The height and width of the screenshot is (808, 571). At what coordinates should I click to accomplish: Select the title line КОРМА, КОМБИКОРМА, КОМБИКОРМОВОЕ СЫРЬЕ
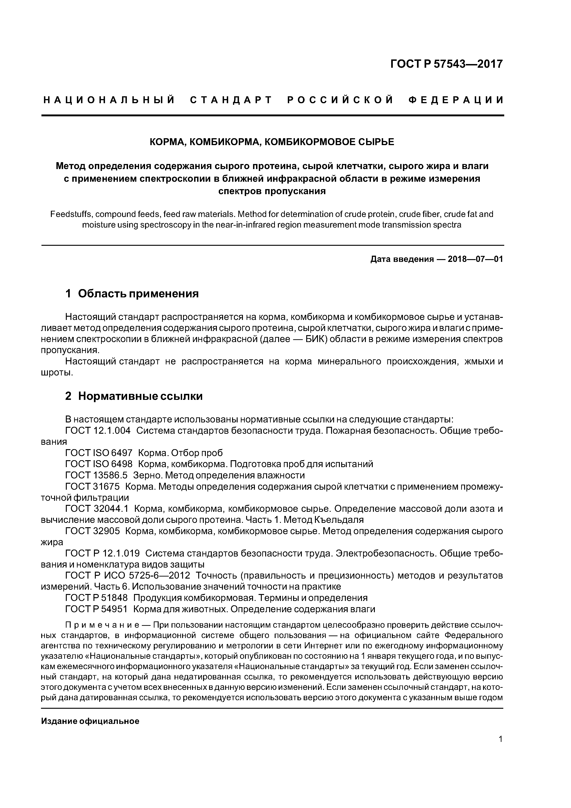(272, 142)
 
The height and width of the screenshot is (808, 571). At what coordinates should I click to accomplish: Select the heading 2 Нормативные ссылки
(134, 396)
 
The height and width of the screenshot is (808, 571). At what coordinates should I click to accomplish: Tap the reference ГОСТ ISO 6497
(99, 453)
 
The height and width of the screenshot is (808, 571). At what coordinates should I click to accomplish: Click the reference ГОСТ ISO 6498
(99, 464)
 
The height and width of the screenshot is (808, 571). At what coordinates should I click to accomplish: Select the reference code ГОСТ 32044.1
(97, 509)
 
